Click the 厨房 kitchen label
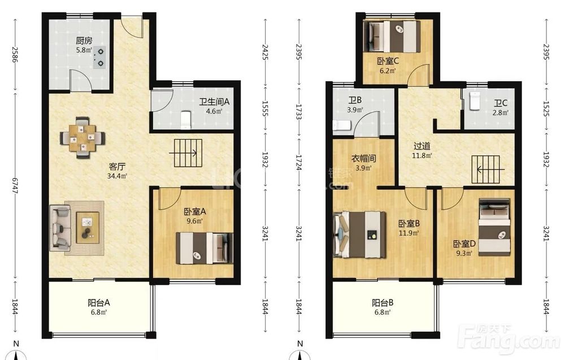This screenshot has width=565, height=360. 84,41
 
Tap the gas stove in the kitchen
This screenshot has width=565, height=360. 98,58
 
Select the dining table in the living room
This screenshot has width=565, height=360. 82,138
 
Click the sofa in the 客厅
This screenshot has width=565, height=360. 60,227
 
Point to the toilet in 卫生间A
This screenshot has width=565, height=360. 185,120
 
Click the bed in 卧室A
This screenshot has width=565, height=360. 204,248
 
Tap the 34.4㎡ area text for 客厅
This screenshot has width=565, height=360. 117,176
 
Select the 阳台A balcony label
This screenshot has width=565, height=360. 99,303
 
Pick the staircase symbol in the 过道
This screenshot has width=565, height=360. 486,170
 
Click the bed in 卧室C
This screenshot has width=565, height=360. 392,36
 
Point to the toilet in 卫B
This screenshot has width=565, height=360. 342,125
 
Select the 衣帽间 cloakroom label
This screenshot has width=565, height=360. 363,159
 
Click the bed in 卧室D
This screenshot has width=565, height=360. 494,227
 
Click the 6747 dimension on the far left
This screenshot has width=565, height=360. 15,185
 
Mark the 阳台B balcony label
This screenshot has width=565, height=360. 383,303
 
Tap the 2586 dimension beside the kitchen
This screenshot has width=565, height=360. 15,54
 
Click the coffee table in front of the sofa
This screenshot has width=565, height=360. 88,228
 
